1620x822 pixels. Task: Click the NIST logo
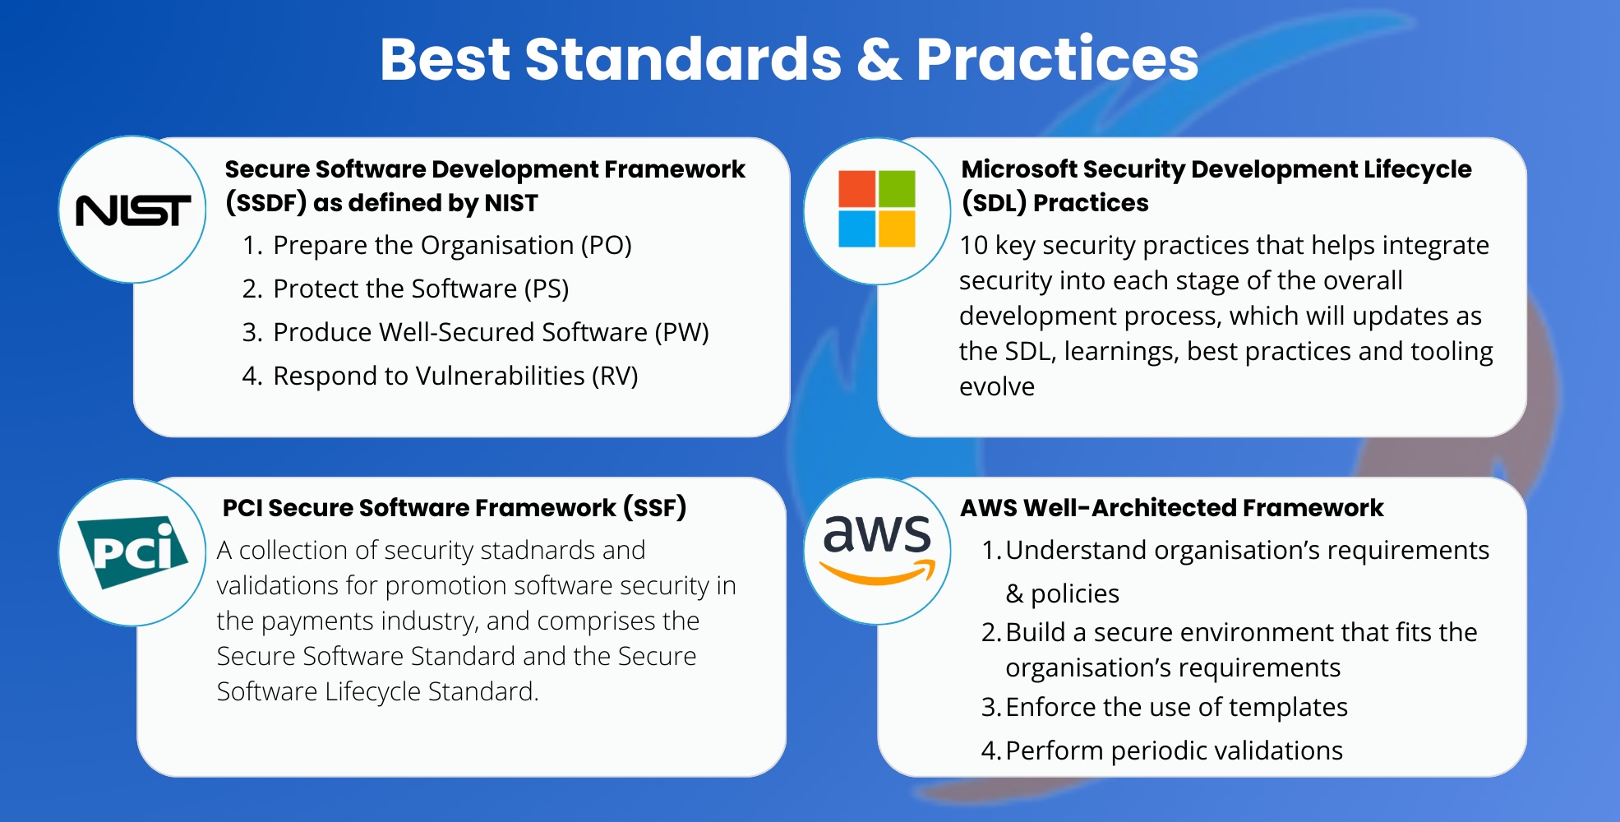133,210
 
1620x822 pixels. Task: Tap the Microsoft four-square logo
877,209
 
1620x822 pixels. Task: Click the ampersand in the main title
879,60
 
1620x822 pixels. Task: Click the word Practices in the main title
1058,59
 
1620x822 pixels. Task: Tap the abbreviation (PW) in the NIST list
681,332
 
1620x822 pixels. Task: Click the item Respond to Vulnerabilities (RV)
455,376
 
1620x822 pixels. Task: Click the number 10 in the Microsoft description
973,245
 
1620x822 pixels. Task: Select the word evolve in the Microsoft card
997,386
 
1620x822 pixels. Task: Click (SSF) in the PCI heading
654,507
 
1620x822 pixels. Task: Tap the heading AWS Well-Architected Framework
1172,507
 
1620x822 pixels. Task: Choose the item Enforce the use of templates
1176,707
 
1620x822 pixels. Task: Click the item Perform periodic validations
1174,750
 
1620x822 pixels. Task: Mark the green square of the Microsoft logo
898,188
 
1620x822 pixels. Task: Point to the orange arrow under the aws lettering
878,573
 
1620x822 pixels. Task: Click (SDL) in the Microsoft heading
994,202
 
